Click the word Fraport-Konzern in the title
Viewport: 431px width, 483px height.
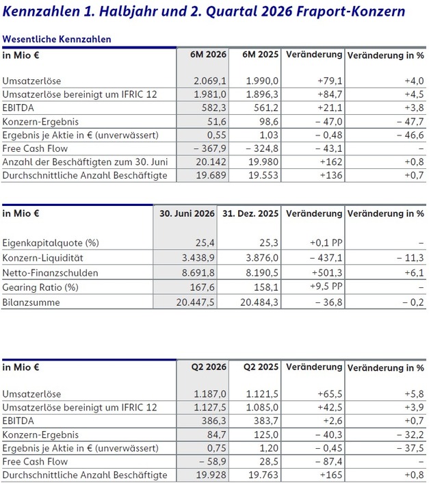350,12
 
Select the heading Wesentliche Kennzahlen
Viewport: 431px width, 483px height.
57,39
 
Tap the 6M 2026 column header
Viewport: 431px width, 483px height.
208,55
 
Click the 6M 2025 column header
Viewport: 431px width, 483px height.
261,55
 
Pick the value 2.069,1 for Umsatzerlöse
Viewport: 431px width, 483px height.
210,81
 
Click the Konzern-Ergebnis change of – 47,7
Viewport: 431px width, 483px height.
410,122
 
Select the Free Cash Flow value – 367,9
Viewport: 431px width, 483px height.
210,148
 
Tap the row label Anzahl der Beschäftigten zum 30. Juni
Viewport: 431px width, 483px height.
85,162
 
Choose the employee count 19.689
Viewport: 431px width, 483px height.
211,175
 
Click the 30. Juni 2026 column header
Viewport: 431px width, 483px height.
187,213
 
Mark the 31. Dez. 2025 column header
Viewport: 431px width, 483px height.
250,213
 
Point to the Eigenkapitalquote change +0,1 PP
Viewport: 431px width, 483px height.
326,243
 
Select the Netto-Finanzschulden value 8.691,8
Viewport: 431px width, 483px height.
198,273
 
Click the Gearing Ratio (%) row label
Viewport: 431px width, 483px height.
40,287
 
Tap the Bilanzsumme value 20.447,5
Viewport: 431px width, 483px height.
196,302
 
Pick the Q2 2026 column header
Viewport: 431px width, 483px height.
209,367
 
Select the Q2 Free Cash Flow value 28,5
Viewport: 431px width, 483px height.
269,461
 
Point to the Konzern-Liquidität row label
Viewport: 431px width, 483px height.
43,258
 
